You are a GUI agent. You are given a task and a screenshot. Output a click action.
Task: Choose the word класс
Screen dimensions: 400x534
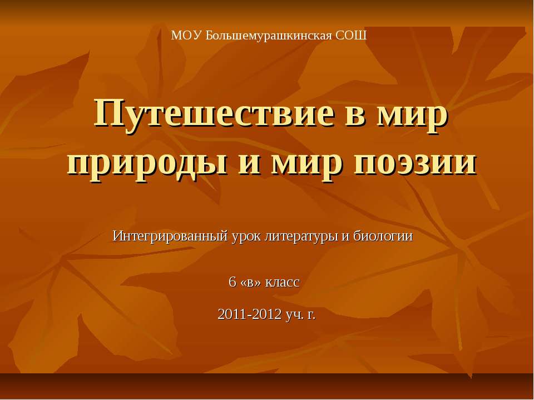point(283,282)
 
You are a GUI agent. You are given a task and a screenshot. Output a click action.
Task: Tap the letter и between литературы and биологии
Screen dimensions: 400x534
point(343,236)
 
